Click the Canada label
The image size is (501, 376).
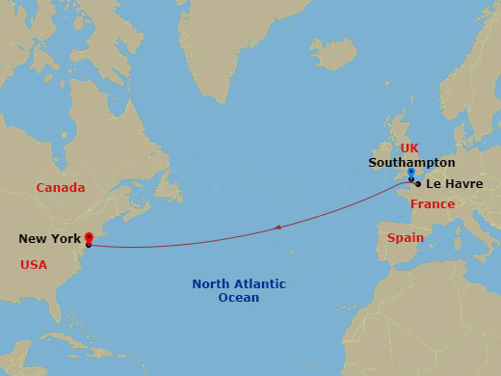pyautogui.click(x=61, y=188)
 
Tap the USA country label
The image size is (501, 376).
pyautogui.click(x=34, y=264)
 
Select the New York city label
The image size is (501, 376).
pyautogui.click(x=48, y=238)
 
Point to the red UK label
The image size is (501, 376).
pyautogui.click(x=409, y=148)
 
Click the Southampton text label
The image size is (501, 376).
pyautogui.click(x=411, y=163)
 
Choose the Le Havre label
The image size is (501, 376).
pyautogui.click(x=454, y=183)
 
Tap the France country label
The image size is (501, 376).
pyautogui.click(x=432, y=204)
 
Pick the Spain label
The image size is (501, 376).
pyautogui.click(x=405, y=237)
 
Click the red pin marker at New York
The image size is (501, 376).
pyautogui.click(x=89, y=237)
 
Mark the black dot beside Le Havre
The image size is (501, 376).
pyautogui.click(x=418, y=183)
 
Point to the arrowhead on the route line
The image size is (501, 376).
pyautogui.click(x=277, y=228)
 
